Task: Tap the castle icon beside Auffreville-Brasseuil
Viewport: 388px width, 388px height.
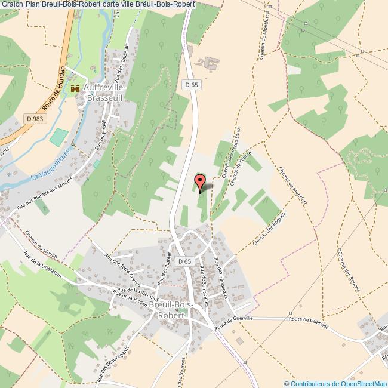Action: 75,88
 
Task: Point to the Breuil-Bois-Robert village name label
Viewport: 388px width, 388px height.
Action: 173,310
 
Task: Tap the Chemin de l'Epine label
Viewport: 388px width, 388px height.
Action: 239,170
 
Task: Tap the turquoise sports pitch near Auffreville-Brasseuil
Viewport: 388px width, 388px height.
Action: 58,137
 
